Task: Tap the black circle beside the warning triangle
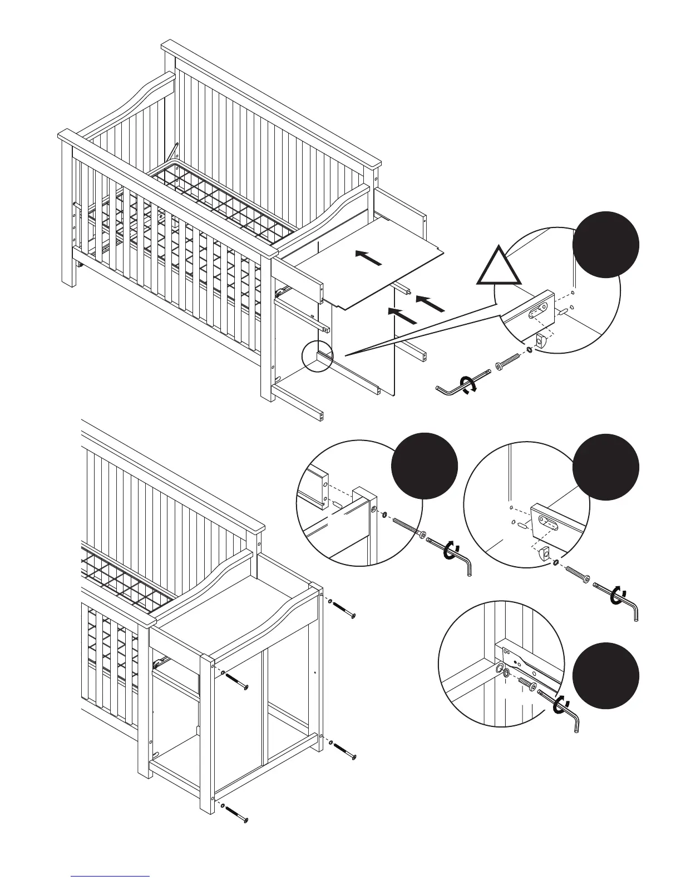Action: point(606,245)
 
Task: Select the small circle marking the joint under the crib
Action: point(317,356)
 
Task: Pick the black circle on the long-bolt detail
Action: point(425,467)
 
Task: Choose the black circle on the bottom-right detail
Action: point(606,675)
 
